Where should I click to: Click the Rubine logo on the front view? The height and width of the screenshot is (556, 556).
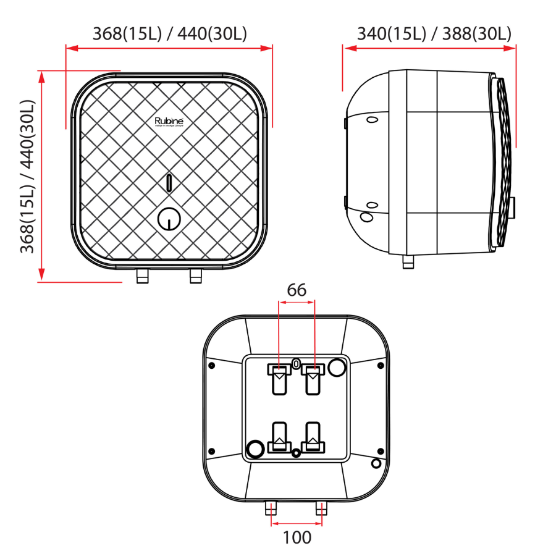pyautogui.click(x=169, y=122)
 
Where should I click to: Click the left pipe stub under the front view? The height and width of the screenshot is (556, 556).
pyautogui.click(x=143, y=276)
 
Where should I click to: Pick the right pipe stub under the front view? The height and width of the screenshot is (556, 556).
pyautogui.click(x=196, y=276)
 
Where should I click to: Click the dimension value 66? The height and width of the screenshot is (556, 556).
pyautogui.click(x=297, y=290)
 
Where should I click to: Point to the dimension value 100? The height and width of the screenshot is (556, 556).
pyautogui.click(x=297, y=537)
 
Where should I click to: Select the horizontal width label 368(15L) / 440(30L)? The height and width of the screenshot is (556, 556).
pyautogui.click(x=169, y=33)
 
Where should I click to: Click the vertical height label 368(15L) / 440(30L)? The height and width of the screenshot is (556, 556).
pyautogui.click(x=27, y=176)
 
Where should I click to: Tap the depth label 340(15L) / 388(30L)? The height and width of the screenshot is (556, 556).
pyautogui.click(x=434, y=33)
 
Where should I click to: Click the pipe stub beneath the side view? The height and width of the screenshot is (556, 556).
pyautogui.click(x=408, y=262)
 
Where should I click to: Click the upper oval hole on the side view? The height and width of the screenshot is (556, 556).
pyautogui.click(x=372, y=119)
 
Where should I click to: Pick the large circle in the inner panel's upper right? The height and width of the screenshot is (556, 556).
pyautogui.click(x=337, y=368)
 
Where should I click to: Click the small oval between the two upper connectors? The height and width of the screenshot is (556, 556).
pyautogui.click(x=297, y=363)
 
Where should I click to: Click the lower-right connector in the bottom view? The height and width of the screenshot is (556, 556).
pyautogui.click(x=314, y=437)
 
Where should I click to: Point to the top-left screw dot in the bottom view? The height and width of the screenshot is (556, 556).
pyautogui.click(x=212, y=365)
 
